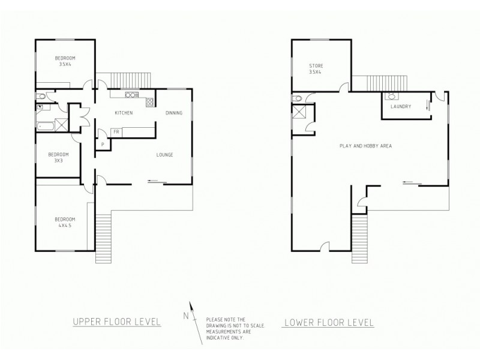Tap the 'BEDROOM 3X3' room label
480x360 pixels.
[59, 157]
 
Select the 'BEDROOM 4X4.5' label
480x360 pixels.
[65, 222]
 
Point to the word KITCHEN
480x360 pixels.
[124, 113]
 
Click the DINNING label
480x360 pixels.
[173, 113]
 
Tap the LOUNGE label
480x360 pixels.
[165, 155]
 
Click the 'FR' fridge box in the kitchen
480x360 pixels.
[115, 131]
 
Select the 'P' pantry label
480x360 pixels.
[103, 144]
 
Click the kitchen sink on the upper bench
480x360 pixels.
[131, 95]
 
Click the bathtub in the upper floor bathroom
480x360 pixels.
[44, 125]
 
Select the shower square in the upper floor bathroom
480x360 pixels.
[62, 125]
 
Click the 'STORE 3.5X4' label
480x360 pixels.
[316, 68]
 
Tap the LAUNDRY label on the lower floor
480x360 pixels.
[400, 106]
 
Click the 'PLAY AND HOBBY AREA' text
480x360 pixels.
[367, 146]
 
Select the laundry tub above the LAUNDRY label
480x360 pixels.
[391, 96]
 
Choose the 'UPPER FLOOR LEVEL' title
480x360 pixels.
[116, 322]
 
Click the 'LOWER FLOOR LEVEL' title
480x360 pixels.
[328, 323]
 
